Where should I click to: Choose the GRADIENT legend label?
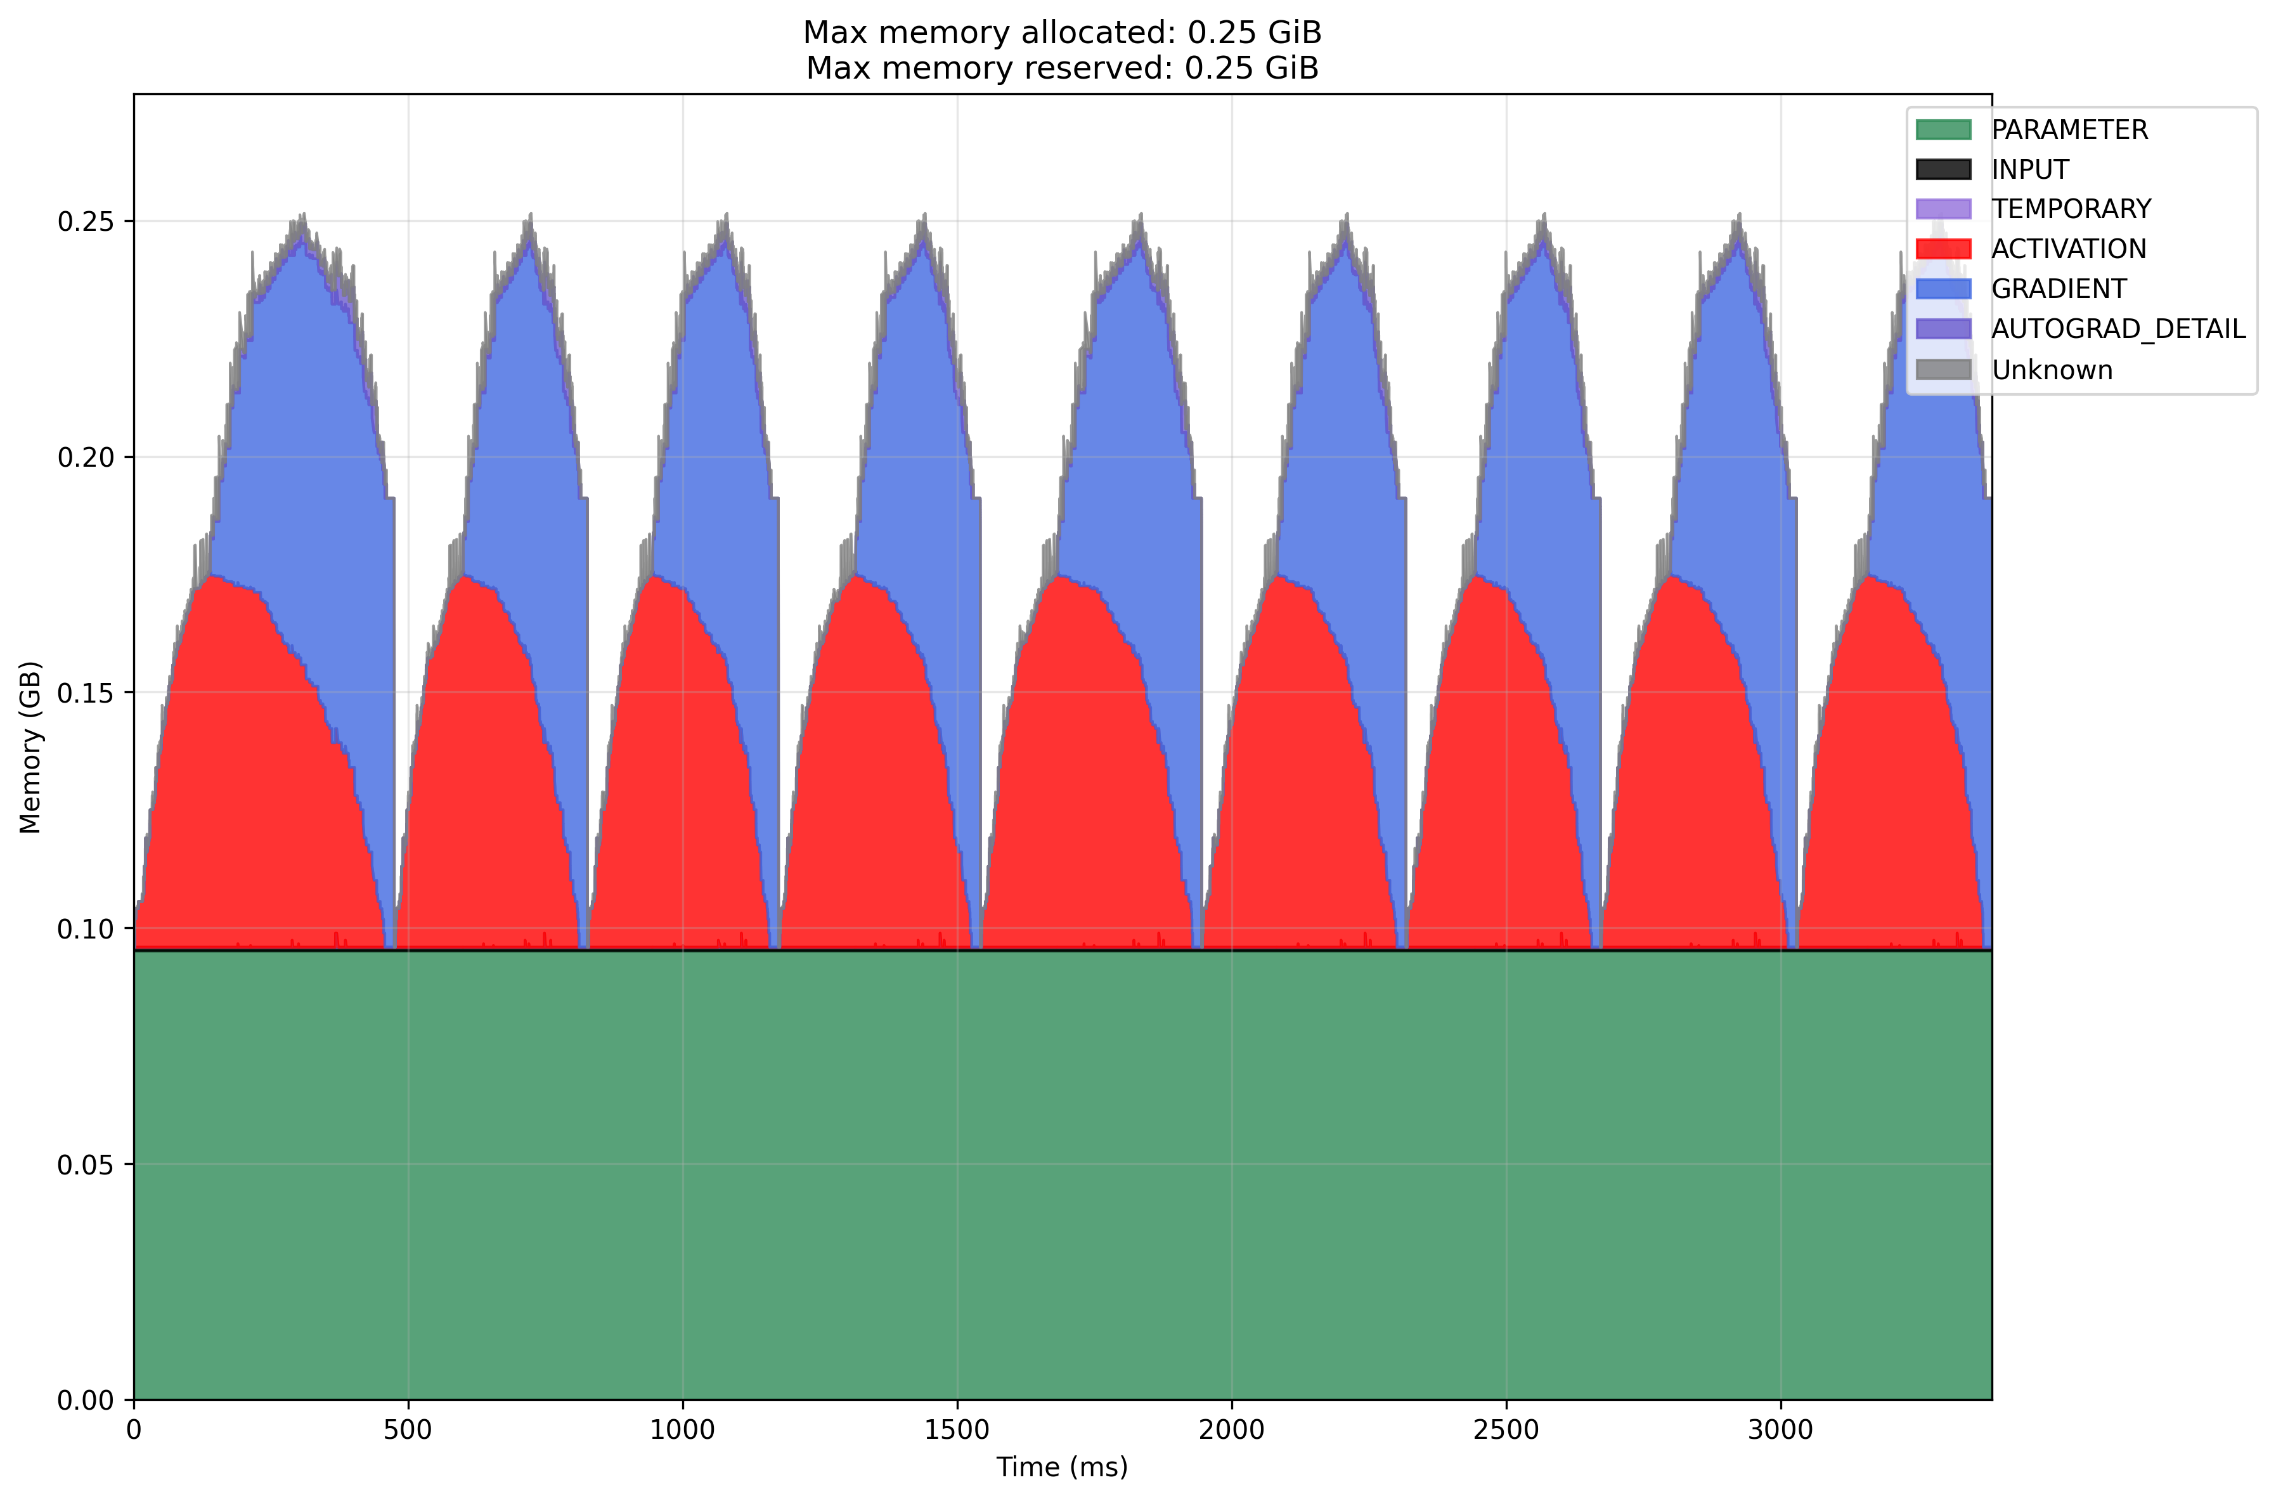click(2058, 289)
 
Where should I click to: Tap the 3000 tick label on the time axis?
click(1780, 1430)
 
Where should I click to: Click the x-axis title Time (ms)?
click(1061, 1467)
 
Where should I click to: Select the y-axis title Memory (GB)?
click(30, 746)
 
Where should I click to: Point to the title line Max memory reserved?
click(1061, 68)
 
